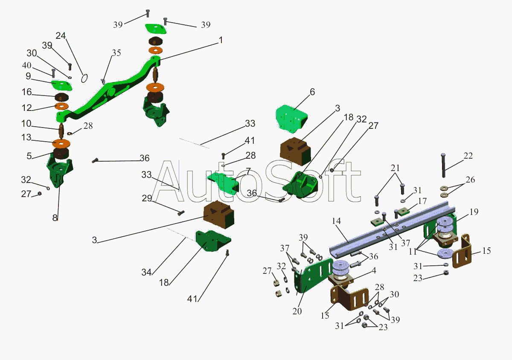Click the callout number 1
[221, 40]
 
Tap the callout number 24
[61, 36]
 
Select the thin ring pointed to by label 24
[84, 78]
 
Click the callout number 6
[312, 92]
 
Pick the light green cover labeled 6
[291, 119]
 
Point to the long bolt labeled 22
[443, 165]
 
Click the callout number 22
[468, 156]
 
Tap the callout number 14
[337, 221]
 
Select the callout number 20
[297, 311]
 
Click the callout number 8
[55, 218]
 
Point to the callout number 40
[27, 65]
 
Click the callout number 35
[116, 53]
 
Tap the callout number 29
[147, 198]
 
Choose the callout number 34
[146, 272]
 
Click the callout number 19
[474, 212]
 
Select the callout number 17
[422, 201]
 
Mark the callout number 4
[374, 270]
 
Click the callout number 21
[395, 168]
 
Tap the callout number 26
[470, 180]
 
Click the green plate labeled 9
[61, 85]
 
